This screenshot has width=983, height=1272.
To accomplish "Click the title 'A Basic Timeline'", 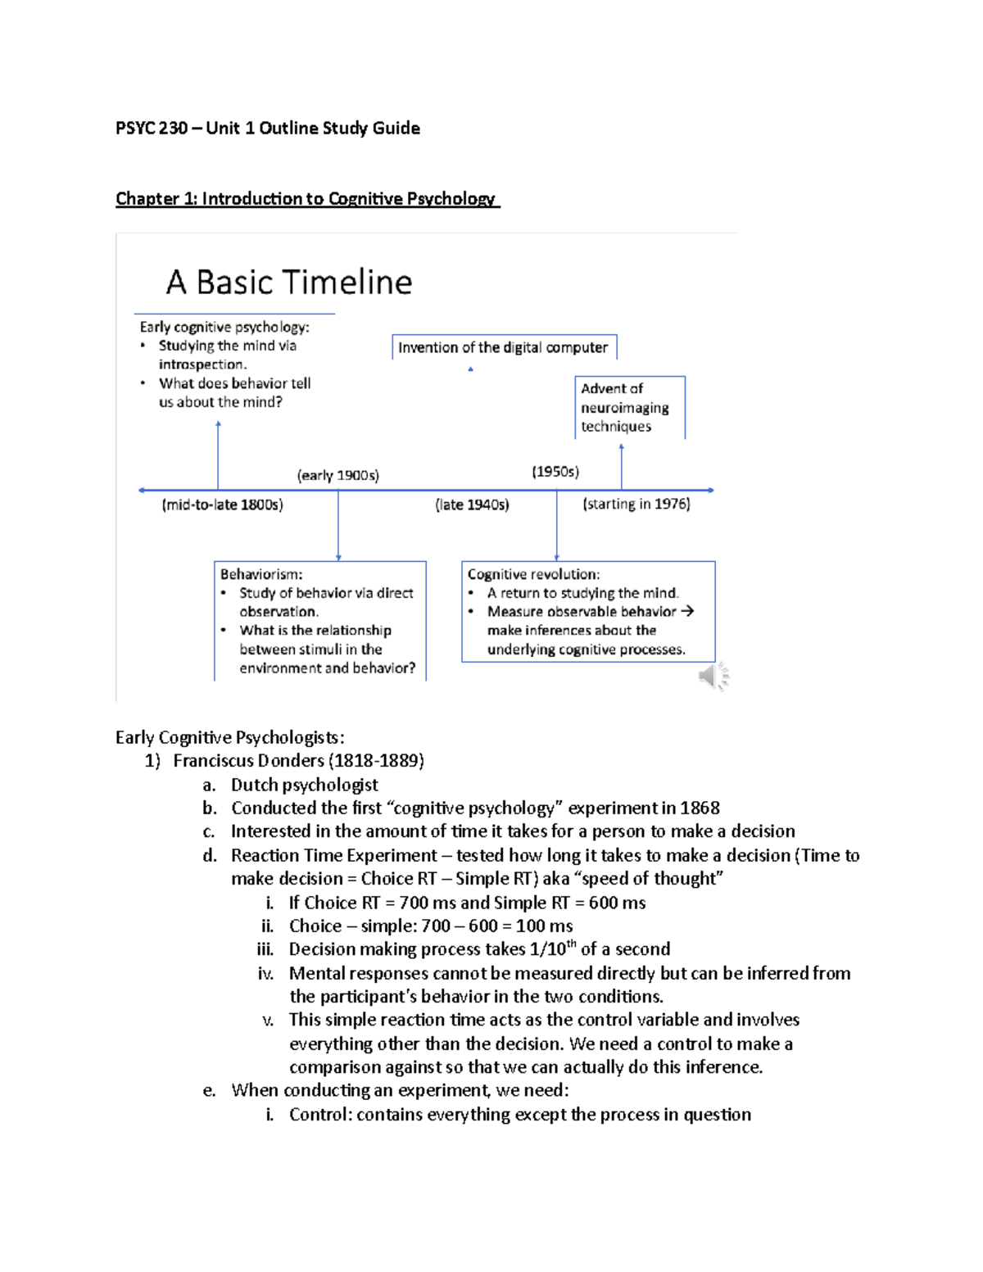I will point(289,283).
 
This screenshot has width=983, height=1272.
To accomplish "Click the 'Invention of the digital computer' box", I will point(503,347).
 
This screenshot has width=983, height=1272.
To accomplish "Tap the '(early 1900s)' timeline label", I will point(337,475).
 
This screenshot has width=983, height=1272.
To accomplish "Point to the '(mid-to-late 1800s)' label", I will point(222,505).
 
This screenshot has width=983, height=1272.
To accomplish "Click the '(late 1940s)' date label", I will point(472,505).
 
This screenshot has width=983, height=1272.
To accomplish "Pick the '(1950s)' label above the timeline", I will point(555,472).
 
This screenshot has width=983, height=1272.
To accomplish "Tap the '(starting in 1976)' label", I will point(636,504).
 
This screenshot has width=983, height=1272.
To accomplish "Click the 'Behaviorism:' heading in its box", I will point(261,574).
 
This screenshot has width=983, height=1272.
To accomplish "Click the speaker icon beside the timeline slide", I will point(713,676).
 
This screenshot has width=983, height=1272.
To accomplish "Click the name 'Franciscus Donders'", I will point(248,761).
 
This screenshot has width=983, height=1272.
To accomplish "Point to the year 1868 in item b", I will point(700,808).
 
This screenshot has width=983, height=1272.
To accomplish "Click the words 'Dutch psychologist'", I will point(304,785).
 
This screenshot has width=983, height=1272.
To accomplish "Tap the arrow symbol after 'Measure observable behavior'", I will point(687,611).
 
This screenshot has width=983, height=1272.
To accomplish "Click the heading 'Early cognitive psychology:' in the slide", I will point(224,327).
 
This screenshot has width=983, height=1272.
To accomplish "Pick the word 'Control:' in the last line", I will point(319,1115).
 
